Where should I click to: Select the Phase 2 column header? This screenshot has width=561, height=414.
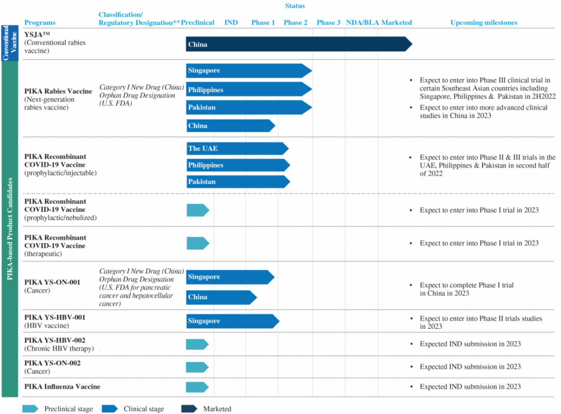coord(295,22)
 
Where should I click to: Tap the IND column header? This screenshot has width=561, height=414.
coord(231,22)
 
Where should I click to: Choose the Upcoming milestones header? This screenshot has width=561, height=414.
coord(484,22)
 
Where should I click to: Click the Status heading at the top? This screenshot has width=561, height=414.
coord(295,6)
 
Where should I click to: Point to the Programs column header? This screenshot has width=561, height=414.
coord(40,22)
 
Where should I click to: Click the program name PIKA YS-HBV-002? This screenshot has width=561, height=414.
coord(55,340)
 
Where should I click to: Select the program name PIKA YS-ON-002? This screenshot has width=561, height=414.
coord(52,363)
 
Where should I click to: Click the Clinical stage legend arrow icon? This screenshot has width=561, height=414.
coord(110,409)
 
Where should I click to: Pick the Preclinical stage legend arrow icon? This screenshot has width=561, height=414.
coord(30,409)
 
